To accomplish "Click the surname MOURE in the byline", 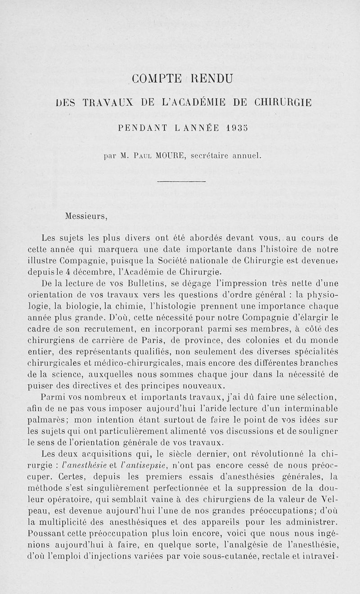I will click(171, 157).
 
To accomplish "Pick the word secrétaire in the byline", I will click(211, 157).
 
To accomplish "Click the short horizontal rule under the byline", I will click(181, 181).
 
